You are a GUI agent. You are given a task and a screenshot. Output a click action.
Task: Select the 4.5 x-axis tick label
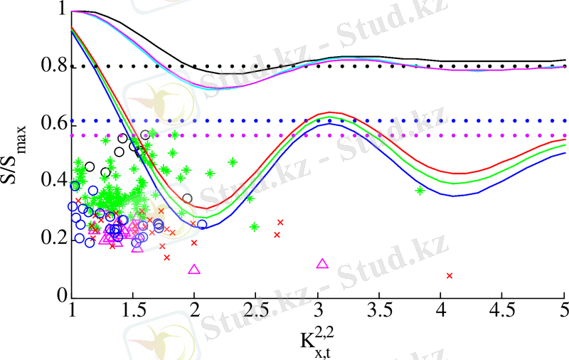point(502,312)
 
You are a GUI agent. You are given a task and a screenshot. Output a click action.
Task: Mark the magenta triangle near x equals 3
point(322,264)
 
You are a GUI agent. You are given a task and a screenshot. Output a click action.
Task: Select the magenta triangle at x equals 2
point(194,270)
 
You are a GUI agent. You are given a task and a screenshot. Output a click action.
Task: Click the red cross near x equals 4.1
point(450,275)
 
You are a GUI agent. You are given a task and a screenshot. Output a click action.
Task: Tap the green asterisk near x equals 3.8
point(420,190)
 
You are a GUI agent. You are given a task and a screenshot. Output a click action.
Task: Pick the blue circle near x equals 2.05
point(202,225)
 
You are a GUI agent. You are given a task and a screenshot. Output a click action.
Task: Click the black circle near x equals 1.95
point(187,198)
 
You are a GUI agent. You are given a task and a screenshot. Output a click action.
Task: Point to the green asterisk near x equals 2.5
point(254,227)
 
